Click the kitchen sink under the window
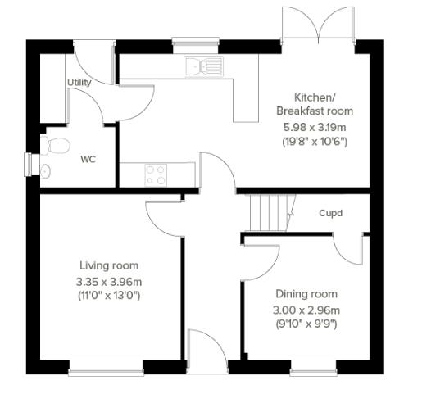coord(203,66)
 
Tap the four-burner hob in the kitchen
coord(157,174)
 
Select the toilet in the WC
coord(56,147)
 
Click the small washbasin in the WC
coord(45,170)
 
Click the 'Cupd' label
coord(330,214)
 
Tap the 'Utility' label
coord(79,83)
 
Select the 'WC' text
coord(88,159)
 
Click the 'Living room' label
coord(109,265)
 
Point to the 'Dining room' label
coord(306,294)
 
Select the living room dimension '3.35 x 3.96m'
coord(109,281)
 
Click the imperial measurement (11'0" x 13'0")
coord(109,295)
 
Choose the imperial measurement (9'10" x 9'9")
coord(306,324)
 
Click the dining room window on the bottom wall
coord(313,364)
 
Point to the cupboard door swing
coord(346,246)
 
